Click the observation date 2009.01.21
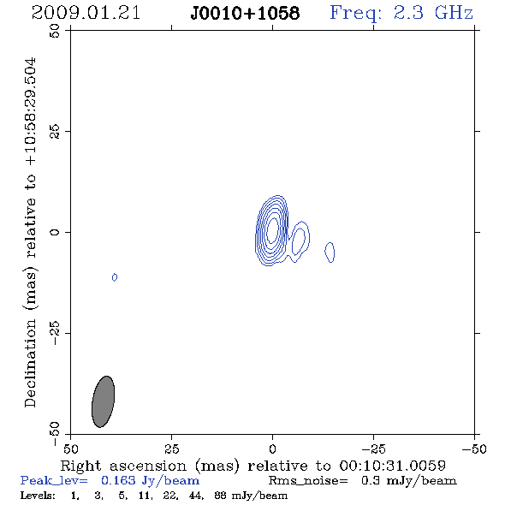coord(86,13)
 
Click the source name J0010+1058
coord(245,14)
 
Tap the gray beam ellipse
coord(103,401)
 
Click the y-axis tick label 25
coord(55,131)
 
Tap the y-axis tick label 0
coord(55,232)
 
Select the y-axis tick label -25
coord(55,333)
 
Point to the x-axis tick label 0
coord(272,449)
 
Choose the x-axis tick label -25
coord(373,449)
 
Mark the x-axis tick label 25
coord(171,449)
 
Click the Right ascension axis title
coord(253,466)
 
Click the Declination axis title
coord(31,233)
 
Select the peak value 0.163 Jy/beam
coord(150,481)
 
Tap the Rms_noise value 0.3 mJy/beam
coord(408,481)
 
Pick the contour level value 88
coord(220,496)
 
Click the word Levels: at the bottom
coord(38,496)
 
